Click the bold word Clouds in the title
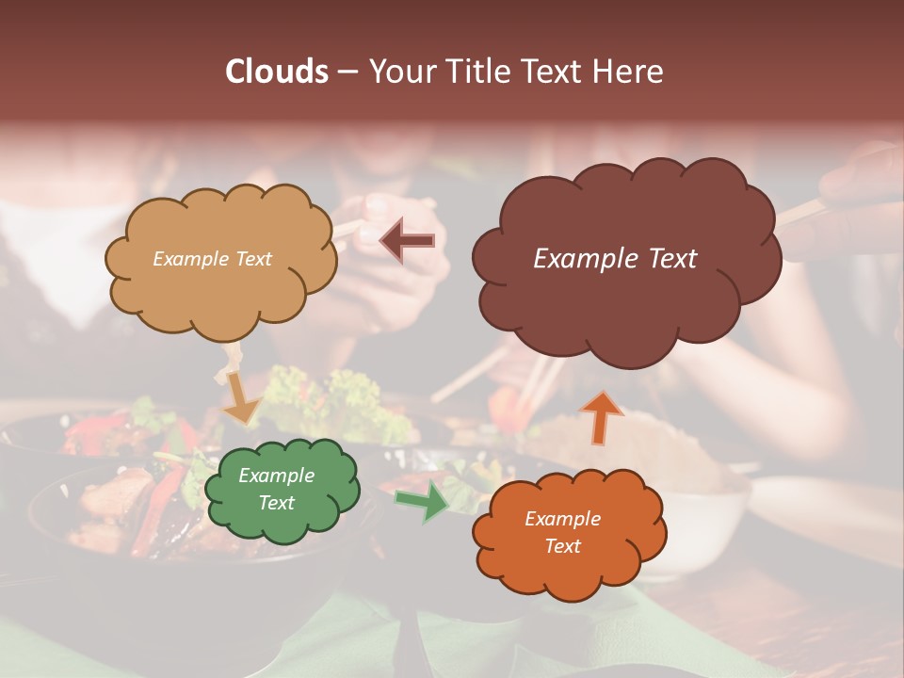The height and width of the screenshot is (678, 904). click(277, 72)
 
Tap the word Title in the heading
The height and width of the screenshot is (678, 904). click(481, 72)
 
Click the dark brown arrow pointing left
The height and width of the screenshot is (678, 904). click(407, 241)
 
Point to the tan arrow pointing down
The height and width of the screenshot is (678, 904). click(241, 396)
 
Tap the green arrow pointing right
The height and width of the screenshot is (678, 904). click(423, 500)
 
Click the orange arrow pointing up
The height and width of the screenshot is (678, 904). click(602, 417)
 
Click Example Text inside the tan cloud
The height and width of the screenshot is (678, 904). click(212, 259)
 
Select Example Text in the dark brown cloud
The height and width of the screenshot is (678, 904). click(615, 259)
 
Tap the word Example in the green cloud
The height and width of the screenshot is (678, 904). click(276, 476)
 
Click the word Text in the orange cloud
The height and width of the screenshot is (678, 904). click(562, 546)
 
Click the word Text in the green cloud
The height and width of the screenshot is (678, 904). click(276, 503)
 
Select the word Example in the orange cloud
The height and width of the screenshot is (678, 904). click(562, 519)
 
